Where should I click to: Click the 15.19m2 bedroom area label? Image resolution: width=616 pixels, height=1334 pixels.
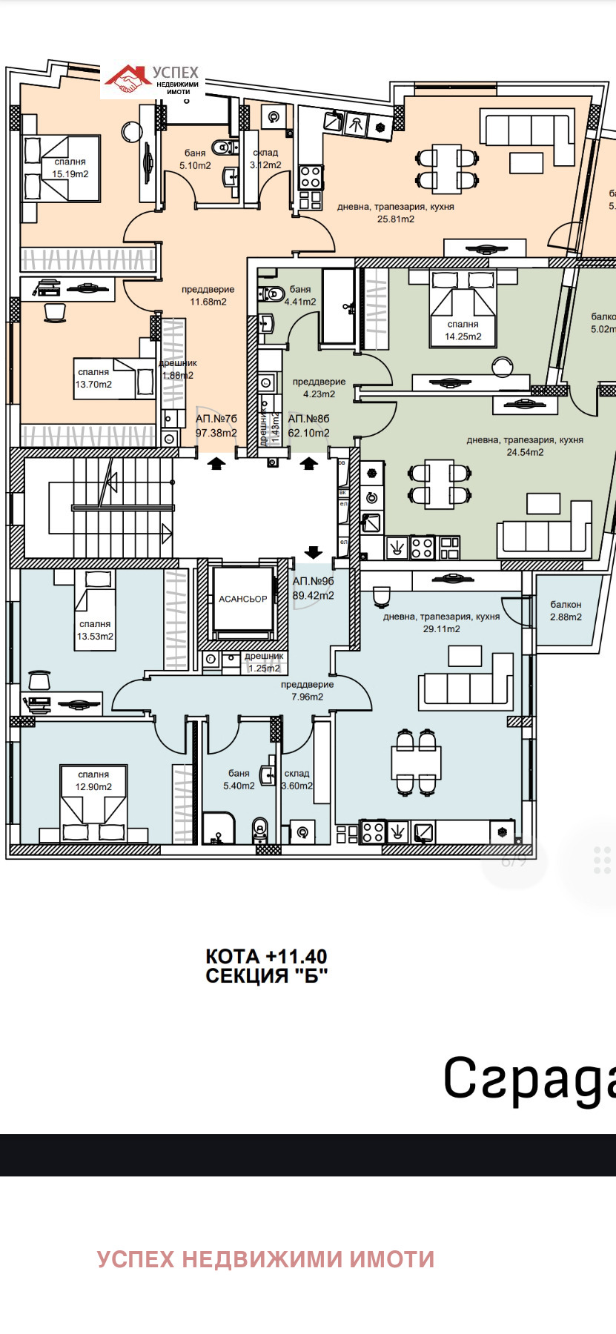70,174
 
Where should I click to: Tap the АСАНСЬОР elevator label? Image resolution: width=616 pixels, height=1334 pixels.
242,599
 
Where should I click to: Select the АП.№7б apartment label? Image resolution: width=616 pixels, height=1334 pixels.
216,419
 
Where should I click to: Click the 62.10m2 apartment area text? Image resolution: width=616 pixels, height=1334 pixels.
308,433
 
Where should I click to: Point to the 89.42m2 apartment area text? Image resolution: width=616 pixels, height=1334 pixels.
313,595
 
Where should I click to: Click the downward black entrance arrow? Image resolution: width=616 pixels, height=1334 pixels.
313,552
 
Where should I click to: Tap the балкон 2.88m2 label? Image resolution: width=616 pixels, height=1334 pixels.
566,611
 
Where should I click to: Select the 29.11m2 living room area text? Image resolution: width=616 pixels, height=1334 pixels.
441,628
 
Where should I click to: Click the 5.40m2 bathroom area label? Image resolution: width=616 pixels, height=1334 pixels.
239,786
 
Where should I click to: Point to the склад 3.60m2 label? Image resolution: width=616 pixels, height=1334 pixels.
297,780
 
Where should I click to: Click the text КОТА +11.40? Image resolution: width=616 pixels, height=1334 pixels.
266,956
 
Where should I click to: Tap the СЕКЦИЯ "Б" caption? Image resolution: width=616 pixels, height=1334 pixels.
266,976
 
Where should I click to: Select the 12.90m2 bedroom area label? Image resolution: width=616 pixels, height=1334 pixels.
93,786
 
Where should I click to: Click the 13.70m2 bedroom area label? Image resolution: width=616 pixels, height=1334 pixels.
93,384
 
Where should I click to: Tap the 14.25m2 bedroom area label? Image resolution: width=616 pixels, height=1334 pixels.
463,336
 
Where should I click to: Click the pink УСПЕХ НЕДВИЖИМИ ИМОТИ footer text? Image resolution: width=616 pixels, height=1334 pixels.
265,1259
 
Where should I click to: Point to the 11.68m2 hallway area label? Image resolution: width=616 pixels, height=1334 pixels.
208,302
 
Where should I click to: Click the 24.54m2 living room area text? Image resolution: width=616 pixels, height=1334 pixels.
525,452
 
